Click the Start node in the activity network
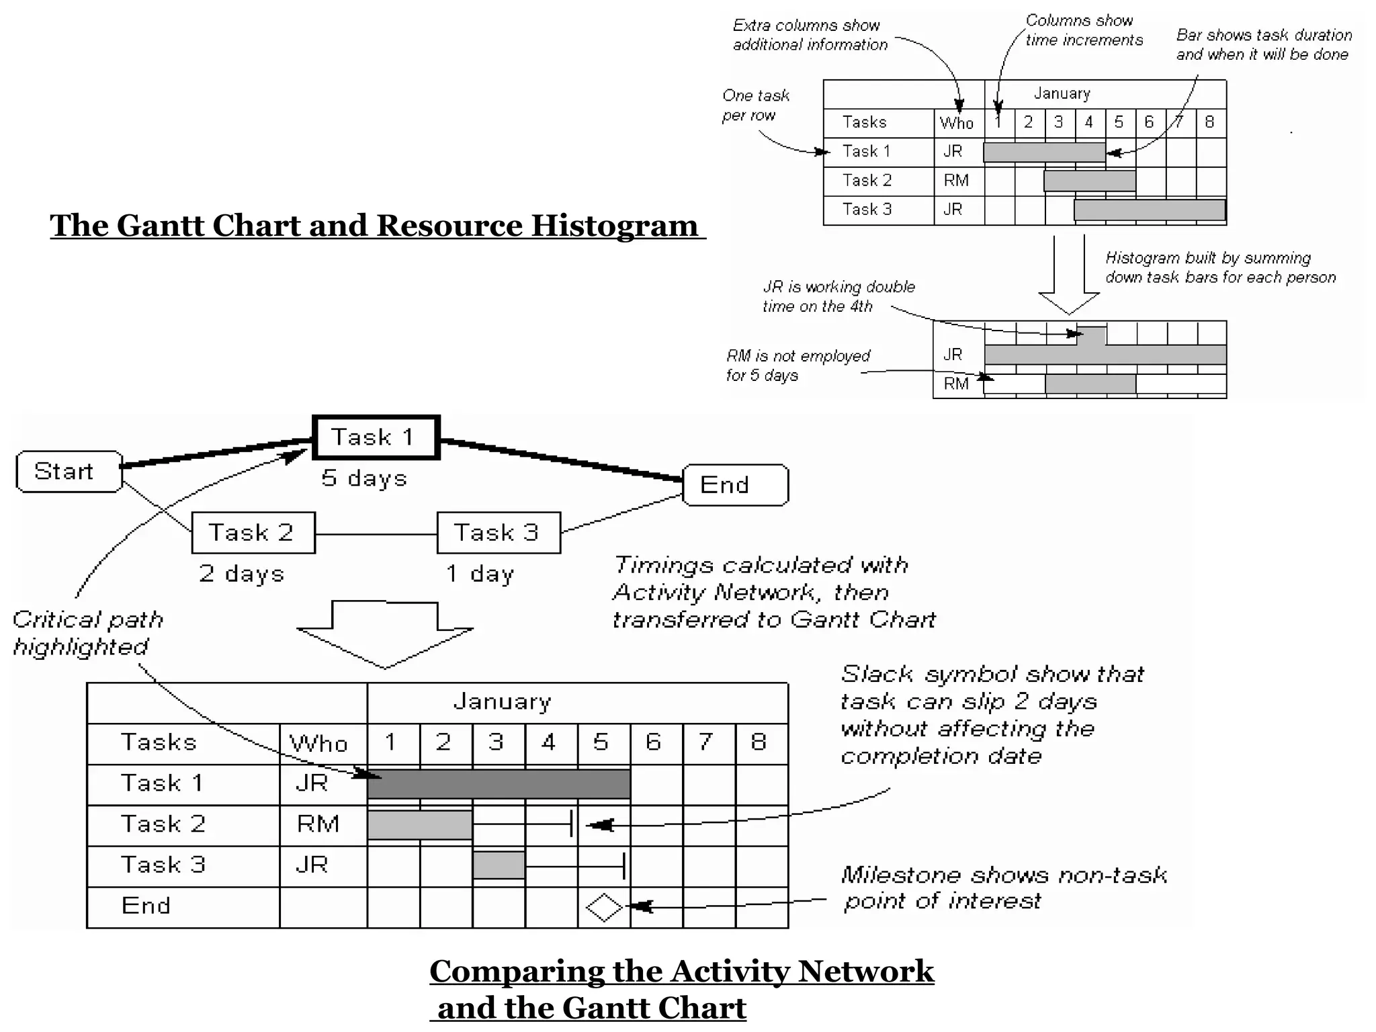[69, 472]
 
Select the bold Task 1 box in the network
[376, 437]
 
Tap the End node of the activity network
[735, 485]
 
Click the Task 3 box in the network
[499, 533]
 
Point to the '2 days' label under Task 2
[242, 574]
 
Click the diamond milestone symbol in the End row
[604, 908]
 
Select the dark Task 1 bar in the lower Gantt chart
[499, 784]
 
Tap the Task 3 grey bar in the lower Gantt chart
[499, 865]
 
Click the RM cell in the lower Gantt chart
[318, 824]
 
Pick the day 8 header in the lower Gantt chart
[759, 742]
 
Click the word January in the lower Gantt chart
[503, 702]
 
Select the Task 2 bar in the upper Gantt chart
[1089, 181]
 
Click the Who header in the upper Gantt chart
[957, 123]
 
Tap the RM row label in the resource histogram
[956, 384]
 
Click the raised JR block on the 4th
[1092, 335]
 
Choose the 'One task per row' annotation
[755, 105]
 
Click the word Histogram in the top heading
[614, 226]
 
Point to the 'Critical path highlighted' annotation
[88, 633]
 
